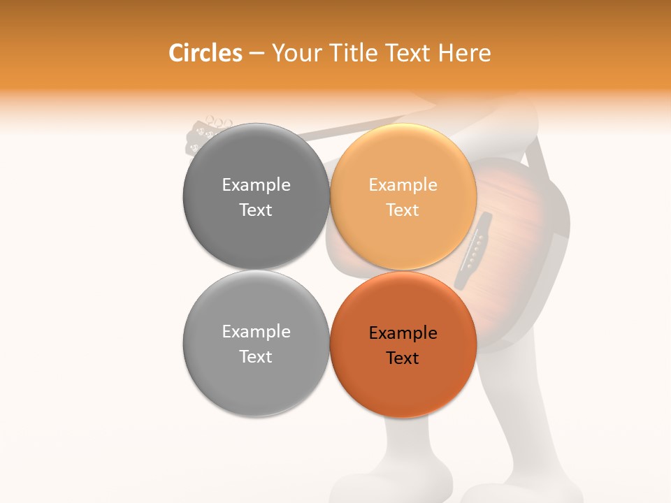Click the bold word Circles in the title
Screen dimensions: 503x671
click(x=205, y=53)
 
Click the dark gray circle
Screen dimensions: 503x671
click(x=256, y=196)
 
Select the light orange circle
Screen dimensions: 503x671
click(x=403, y=196)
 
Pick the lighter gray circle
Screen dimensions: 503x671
click(x=256, y=344)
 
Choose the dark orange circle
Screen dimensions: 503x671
click(x=403, y=344)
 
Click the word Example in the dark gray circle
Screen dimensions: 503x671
click(x=256, y=184)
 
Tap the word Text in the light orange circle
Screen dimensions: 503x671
click(x=403, y=210)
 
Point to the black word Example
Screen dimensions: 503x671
click(x=403, y=333)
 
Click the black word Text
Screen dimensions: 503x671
click(x=403, y=358)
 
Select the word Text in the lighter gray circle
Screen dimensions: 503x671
click(x=256, y=356)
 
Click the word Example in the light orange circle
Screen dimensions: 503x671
click(x=403, y=184)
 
